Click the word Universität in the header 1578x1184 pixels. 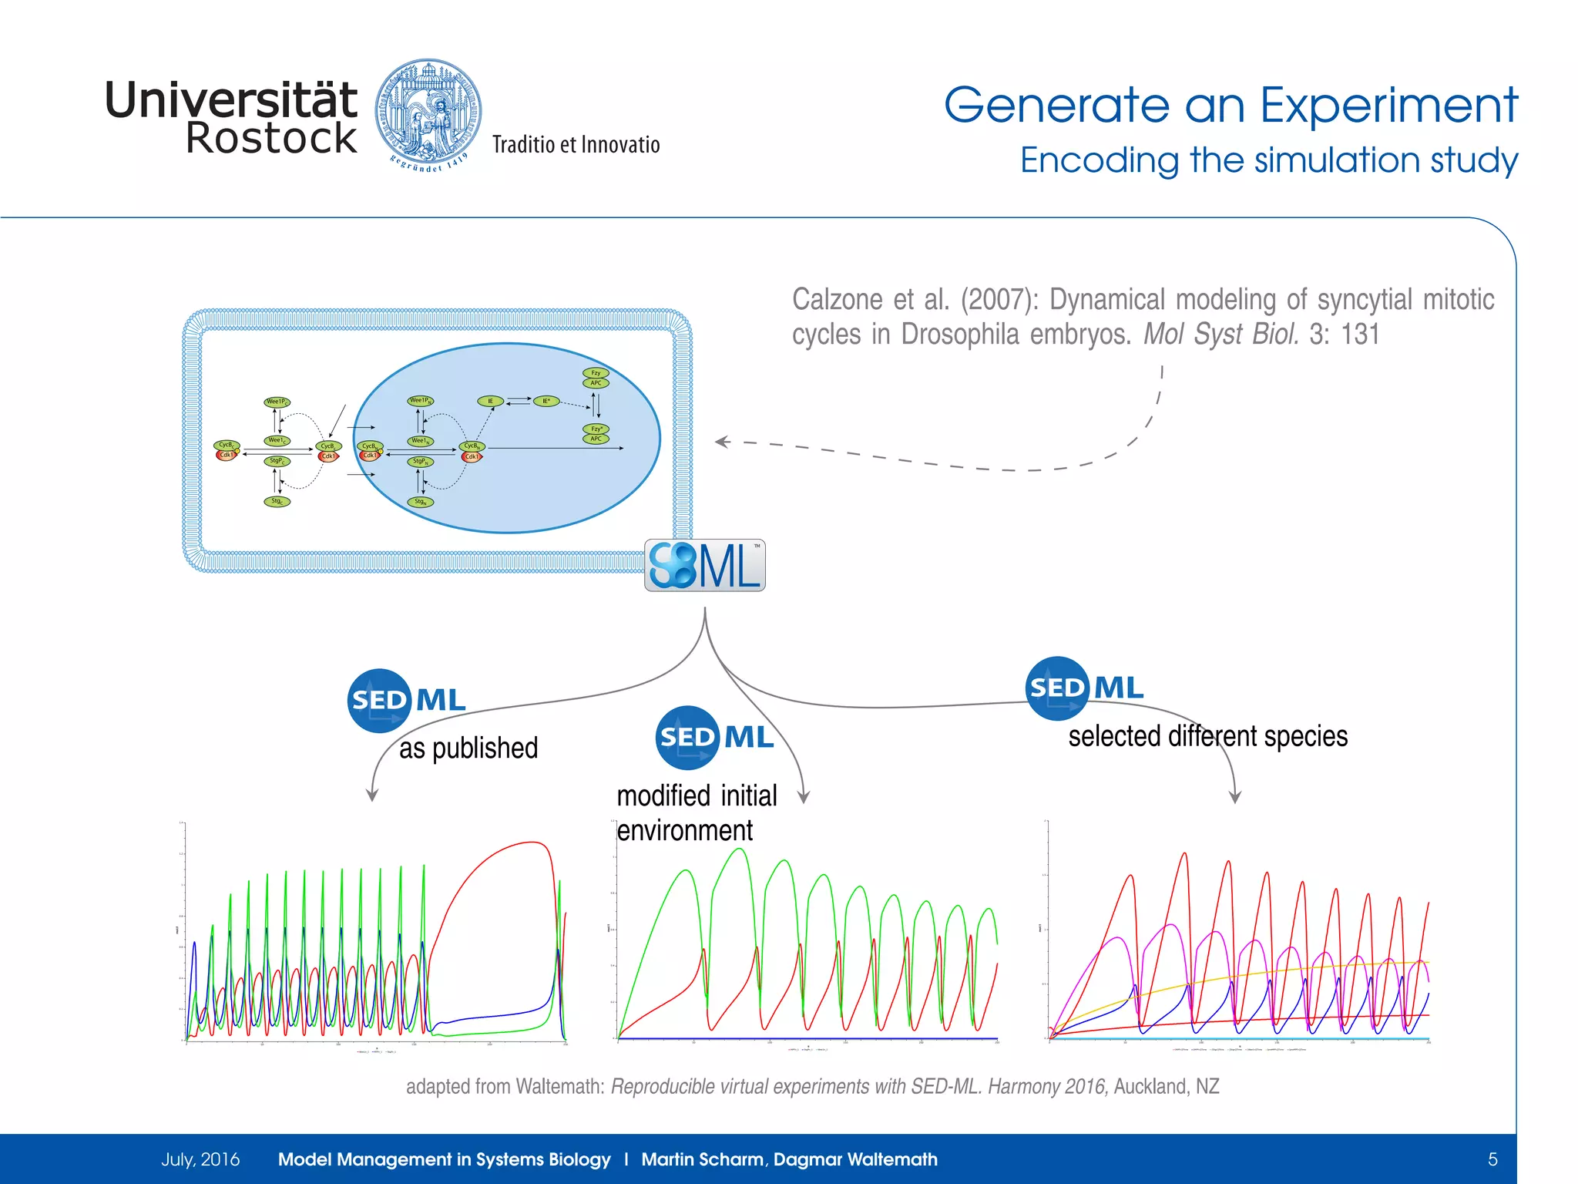click(x=230, y=100)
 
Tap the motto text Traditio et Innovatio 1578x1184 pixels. click(x=576, y=145)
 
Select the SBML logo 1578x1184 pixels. click(x=704, y=565)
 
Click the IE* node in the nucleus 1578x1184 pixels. click(x=546, y=401)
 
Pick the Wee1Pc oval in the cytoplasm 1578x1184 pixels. click(x=277, y=402)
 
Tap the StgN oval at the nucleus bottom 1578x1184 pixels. click(x=421, y=502)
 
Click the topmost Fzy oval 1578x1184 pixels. click(x=596, y=373)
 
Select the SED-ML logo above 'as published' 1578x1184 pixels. click(x=407, y=700)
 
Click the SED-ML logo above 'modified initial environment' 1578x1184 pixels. click(x=714, y=737)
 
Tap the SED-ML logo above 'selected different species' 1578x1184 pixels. click(x=1085, y=688)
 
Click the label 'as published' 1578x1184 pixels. click(x=468, y=748)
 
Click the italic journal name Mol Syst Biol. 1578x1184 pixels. click(x=1220, y=334)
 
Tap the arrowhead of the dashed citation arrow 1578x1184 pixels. click(x=722, y=442)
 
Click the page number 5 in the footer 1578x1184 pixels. click(x=1492, y=1159)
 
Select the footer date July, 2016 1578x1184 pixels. click(x=200, y=1159)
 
